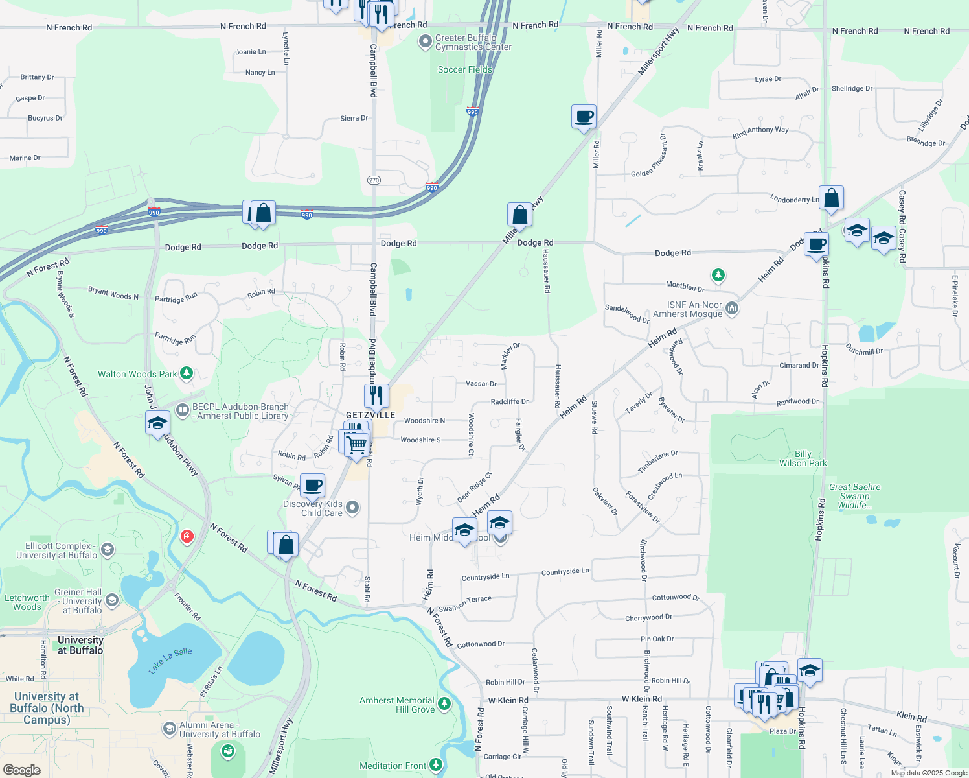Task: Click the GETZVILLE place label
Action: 370,415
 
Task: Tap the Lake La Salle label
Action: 170,660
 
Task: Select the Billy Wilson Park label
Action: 803,458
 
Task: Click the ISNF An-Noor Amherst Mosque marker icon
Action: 732,308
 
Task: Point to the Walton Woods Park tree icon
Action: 187,373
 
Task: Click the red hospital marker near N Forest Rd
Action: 187,537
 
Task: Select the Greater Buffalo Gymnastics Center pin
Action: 425,42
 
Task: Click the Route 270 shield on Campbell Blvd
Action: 374,180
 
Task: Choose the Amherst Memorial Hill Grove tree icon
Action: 444,703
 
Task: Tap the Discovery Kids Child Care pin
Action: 352,507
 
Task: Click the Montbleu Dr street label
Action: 685,286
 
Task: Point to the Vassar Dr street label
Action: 481,384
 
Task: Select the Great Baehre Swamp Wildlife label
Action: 855,496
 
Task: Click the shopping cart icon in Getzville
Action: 356,445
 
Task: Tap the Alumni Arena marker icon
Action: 169,729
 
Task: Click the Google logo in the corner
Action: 21,770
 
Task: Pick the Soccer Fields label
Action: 465,69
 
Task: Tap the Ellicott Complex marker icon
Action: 108,550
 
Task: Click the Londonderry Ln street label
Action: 795,199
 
